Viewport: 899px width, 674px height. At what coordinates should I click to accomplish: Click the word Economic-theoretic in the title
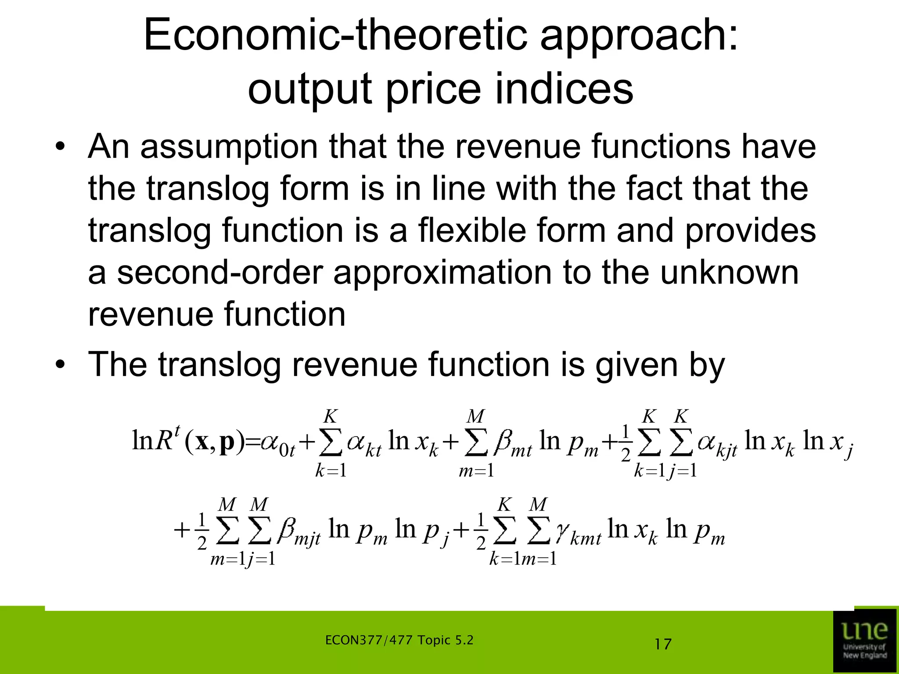point(335,35)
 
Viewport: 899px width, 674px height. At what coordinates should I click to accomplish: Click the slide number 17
point(663,645)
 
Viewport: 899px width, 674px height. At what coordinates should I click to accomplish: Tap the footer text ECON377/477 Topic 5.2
point(399,640)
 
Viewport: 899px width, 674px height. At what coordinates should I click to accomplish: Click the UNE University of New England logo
point(865,641)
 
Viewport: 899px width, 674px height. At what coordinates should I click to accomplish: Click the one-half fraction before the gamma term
point(481,531)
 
